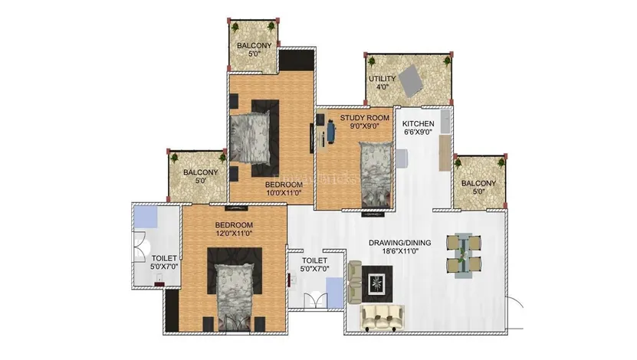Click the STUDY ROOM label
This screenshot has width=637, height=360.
(364, 118)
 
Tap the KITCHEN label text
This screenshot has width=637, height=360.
(418, 123)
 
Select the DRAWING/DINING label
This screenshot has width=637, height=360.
(399, 243)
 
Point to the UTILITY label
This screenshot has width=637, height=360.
(382, 78)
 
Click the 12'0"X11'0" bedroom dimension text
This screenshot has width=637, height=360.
(234, 234)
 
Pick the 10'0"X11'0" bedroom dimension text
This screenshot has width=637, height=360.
(284, 193)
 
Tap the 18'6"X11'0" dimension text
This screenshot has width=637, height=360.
(400, 251)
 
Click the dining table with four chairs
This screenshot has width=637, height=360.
(464, 255)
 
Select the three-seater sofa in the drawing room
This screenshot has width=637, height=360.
(382, 316)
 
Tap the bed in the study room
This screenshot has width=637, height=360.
(376, 175)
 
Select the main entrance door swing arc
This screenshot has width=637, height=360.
(517, 303)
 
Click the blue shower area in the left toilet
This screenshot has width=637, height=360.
(146, 218)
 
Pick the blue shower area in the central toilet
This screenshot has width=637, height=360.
(335, 293)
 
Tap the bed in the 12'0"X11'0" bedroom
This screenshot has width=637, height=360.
(234, 297)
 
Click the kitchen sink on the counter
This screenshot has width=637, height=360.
(445, 121)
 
